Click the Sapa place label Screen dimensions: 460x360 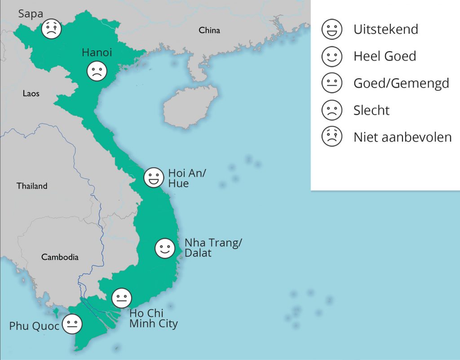31,14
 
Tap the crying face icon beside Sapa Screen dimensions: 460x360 52,30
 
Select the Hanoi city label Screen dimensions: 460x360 97,53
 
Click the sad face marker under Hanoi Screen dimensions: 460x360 97,71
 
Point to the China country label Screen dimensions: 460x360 209,31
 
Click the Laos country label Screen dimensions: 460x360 31,93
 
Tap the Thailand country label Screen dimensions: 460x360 32,186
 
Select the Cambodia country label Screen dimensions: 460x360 60,257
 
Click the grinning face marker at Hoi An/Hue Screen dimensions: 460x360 153,178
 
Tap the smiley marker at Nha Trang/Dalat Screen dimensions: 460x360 164,249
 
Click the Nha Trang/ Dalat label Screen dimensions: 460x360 213,248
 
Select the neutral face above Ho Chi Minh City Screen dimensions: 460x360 121,298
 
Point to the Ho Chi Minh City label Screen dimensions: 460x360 153,318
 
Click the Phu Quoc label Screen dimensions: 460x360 34,326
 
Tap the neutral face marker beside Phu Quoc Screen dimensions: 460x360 72,324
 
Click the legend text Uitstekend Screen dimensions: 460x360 385,30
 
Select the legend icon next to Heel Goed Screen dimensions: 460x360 332,56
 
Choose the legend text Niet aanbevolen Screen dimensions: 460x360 402,137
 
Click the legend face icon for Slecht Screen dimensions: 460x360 332,110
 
